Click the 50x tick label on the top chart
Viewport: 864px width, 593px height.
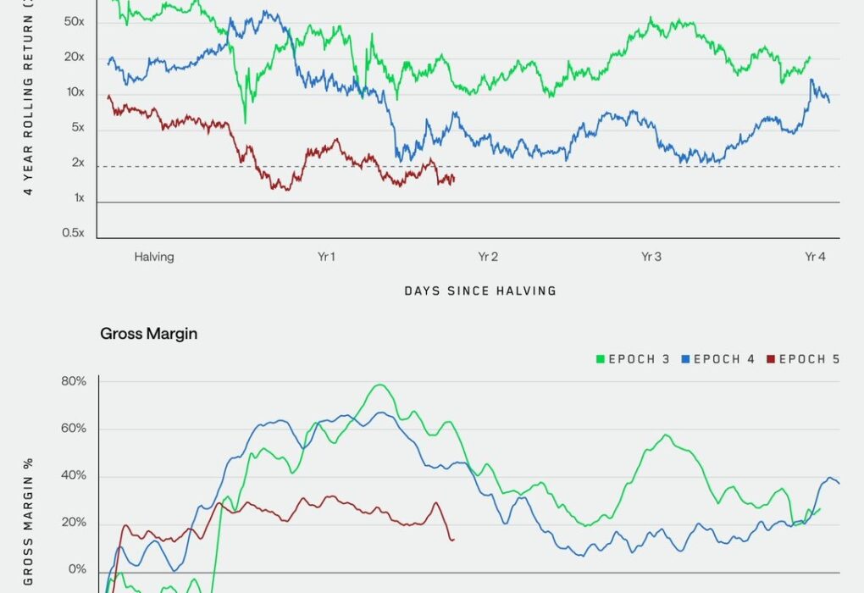tap(75, 21)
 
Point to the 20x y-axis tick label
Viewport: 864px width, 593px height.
tap(75, 57)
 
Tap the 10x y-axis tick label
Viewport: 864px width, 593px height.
tap(75, 92)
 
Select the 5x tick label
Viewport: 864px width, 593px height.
tap(77, 128)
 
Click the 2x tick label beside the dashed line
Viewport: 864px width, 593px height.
tap(77, 163)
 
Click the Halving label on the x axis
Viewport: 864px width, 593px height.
tap(153, 257)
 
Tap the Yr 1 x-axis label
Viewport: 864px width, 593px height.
tap(325, 257)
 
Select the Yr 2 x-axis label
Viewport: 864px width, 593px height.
tap(487, 257)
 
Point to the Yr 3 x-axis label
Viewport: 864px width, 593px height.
tap(651, 257)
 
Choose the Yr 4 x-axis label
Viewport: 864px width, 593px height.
tap(814, 257)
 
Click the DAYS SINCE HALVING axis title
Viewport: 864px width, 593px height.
tap(480, 291)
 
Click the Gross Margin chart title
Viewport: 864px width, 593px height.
tap(149, 334)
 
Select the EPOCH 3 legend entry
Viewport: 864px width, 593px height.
tap(634, 359)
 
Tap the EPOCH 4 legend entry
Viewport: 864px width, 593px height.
tap(718, 359)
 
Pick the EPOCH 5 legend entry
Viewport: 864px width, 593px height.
tap(803, 359)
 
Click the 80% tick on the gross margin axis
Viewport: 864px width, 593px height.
tap(72, 381)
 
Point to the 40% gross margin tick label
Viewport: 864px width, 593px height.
tap(72, 475)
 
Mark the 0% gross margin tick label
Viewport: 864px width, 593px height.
tap(76, 569)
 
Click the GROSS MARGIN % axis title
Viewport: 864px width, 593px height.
tap(29, 521)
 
